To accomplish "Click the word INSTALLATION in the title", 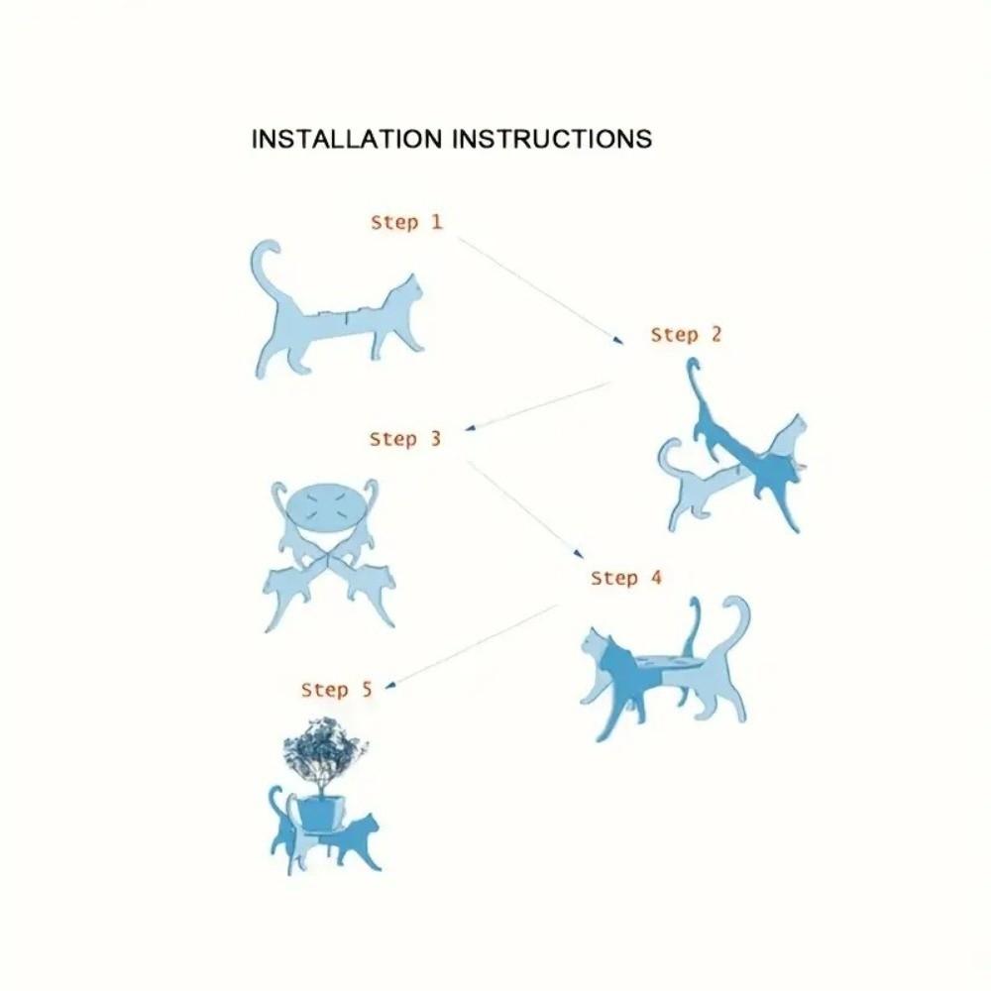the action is [346, 139].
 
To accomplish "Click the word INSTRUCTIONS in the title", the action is [552, 139].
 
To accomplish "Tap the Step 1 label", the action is [406, 222].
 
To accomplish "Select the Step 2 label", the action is [686, 335].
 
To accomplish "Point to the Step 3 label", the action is [405, 439].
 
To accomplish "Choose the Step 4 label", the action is [625, 578].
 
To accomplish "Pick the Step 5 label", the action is [337, 690].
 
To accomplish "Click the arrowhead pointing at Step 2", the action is [617, 340].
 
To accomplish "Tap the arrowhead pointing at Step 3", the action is [470, 428].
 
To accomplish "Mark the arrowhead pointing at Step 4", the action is [578, 554].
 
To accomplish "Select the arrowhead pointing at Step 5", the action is [390, 685].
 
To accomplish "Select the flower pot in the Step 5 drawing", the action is [321, 813].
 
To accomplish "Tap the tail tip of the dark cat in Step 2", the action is [694, 364].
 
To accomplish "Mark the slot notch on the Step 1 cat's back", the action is [346, 317].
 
